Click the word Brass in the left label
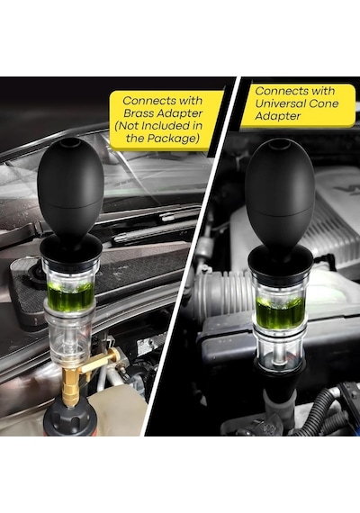click(x=139, y=113)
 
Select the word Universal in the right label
click(x=279, y=103)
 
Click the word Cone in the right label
click(x=322, y=103)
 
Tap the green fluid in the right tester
click(x=280, y=310)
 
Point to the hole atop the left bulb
click(x=69, y=142)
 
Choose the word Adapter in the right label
click(x=277, y=116)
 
